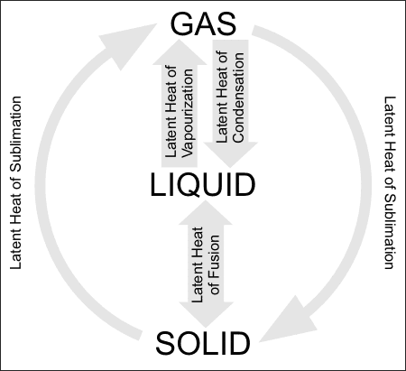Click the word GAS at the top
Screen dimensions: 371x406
pyautogui.click(x=202, y=22)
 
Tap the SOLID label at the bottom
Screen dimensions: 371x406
pyautogui.click(x=202, y=344)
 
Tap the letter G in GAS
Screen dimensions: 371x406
pyautogui.click(x=176, y=22)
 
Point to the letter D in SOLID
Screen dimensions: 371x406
pyautogui.click(x=239, y=344)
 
